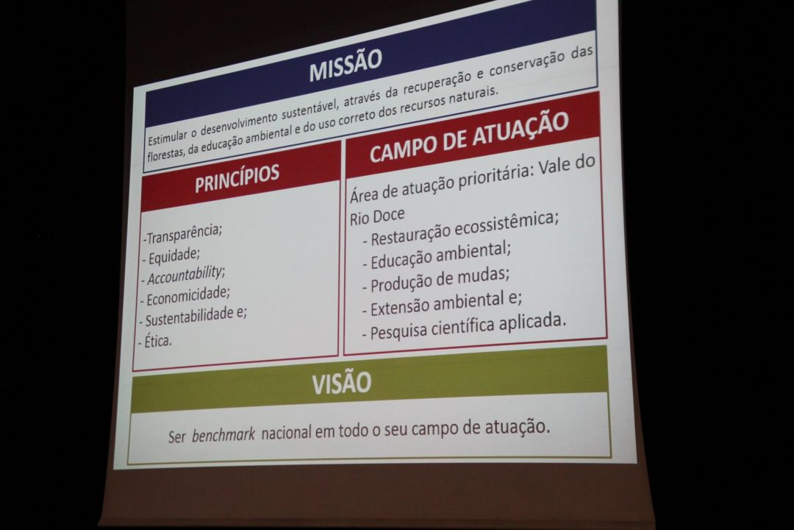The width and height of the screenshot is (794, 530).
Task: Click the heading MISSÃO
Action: (346, 65)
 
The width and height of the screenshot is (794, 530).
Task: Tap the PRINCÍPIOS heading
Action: (237, 177)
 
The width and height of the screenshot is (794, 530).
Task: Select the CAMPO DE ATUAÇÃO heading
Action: (469, 137)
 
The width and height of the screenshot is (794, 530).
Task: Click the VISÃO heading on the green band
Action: (342, 383)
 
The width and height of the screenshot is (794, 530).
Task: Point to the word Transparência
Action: (185, 233)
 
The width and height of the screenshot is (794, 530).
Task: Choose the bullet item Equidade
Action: (174, 255)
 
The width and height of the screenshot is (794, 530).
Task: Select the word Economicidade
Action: (188, 296)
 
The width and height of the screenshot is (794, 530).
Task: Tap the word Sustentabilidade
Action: (190, 317)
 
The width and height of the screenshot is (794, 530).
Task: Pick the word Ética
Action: (158, 341)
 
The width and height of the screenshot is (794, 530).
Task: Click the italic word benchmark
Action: (223, 435)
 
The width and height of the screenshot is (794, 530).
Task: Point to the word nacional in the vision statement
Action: (286, 433)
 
